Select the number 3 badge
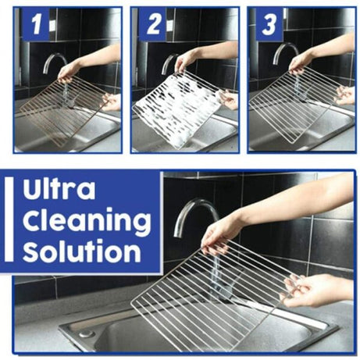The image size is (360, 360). coord(267,26)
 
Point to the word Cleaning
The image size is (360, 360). coord(85,222)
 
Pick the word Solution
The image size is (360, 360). coord(81,252)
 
